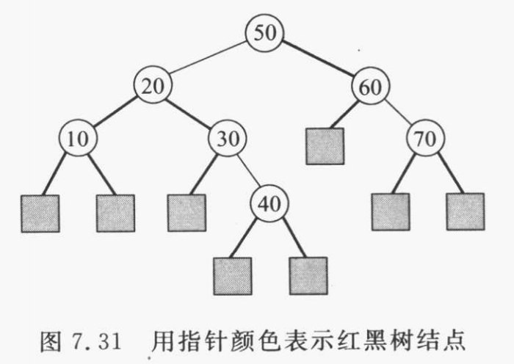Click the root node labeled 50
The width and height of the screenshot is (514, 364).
coord(264,32)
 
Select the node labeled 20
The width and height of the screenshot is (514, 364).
coord(152,87)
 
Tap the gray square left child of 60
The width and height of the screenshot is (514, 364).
coord(325,145)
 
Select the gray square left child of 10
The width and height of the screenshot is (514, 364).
coord(40,213)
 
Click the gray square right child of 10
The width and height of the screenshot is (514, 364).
coord(115,213)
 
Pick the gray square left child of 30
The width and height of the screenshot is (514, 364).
coord(187,213)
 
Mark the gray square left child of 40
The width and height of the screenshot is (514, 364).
coord(232,274)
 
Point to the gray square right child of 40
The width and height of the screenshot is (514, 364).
coord(308,274)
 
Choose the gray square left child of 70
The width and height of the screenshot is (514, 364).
coord(390,211)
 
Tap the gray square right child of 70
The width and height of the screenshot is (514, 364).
coord(465,211)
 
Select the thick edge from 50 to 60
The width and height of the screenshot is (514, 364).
coord(317,59)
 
